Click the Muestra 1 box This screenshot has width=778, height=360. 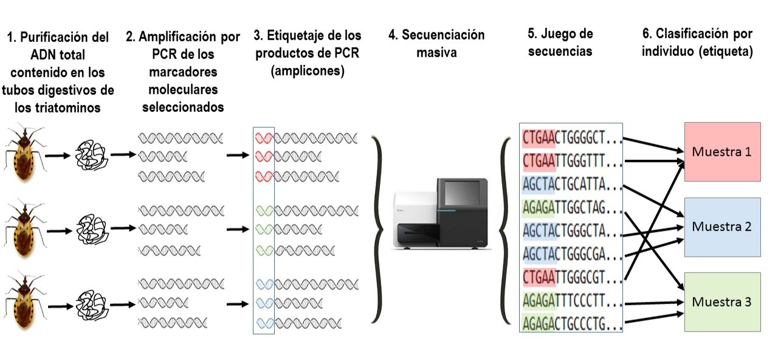click(722, 152)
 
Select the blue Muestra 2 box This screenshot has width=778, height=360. click(722, 227)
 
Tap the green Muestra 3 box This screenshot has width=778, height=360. click(722, 302)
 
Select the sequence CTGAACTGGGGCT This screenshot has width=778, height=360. click(571, 138)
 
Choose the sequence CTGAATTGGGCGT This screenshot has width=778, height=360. click(571, 278)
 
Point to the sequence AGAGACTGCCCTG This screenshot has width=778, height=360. click(571, 324)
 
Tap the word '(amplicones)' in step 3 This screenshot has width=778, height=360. click(308, 71)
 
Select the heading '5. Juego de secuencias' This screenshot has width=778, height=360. click(560, 43)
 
